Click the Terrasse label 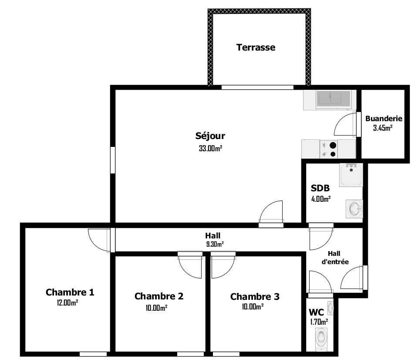[256, 48]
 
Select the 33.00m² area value [211, 148]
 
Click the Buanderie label [384, 119]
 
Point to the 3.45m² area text [383, 128]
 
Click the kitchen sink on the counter [333, 98]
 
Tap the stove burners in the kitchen [329, 149]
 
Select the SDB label [320, 188]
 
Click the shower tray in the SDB [351, 175]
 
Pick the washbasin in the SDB [354, 209]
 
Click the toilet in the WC [321, 337]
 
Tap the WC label [316, 312]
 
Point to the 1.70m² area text [319, 322]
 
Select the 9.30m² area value [215, 244]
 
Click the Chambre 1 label [70, 292]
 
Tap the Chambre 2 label [158, 296]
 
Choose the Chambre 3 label [255, 297]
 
